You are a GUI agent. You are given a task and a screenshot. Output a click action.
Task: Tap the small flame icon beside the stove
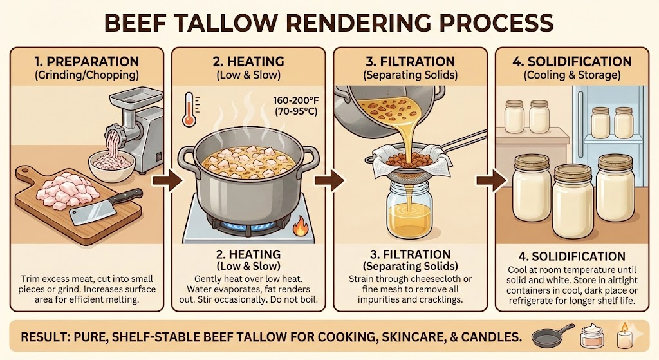point(299,226)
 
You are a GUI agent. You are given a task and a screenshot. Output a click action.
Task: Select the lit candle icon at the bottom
point(625,337)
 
